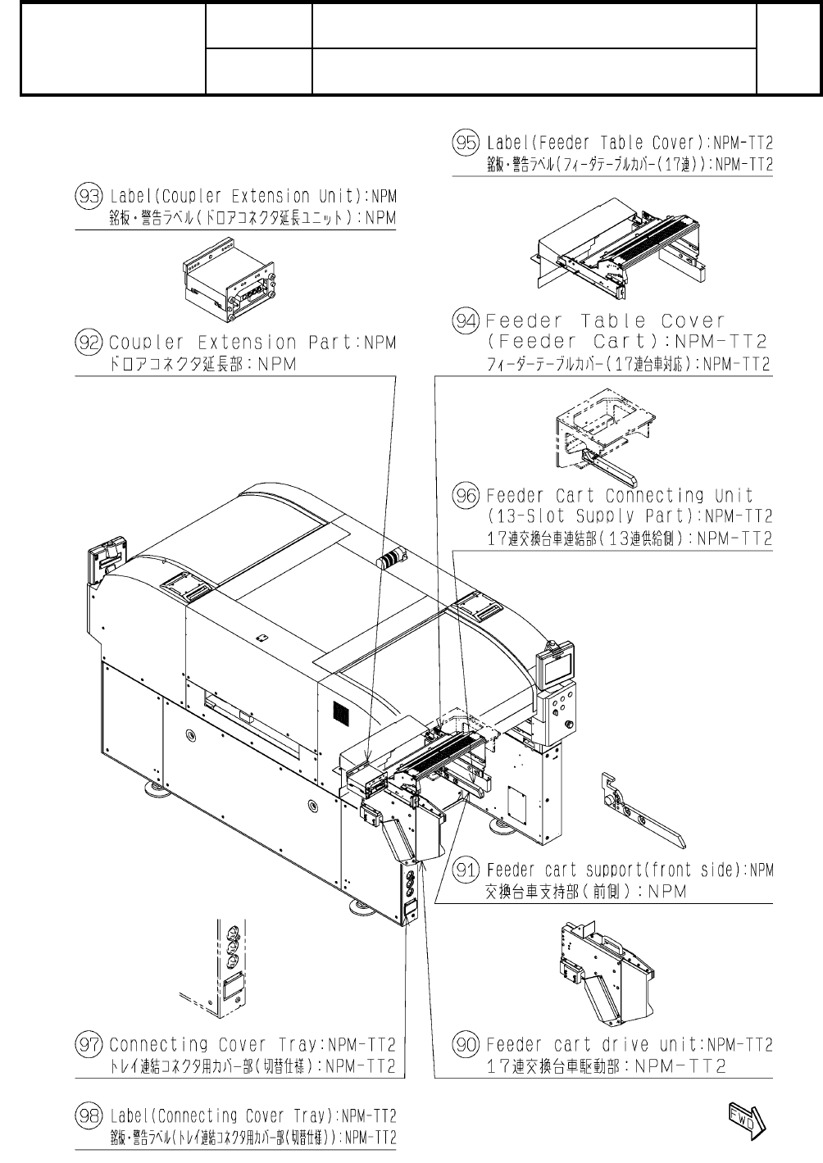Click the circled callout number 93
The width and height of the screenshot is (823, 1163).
[87, 196]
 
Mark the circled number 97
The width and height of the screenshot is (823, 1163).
[87, 1045]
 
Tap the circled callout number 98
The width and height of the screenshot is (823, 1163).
[87, 1115]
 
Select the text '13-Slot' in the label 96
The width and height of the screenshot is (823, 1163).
[525, 516]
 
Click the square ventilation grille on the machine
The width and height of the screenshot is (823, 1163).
[338, 711]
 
